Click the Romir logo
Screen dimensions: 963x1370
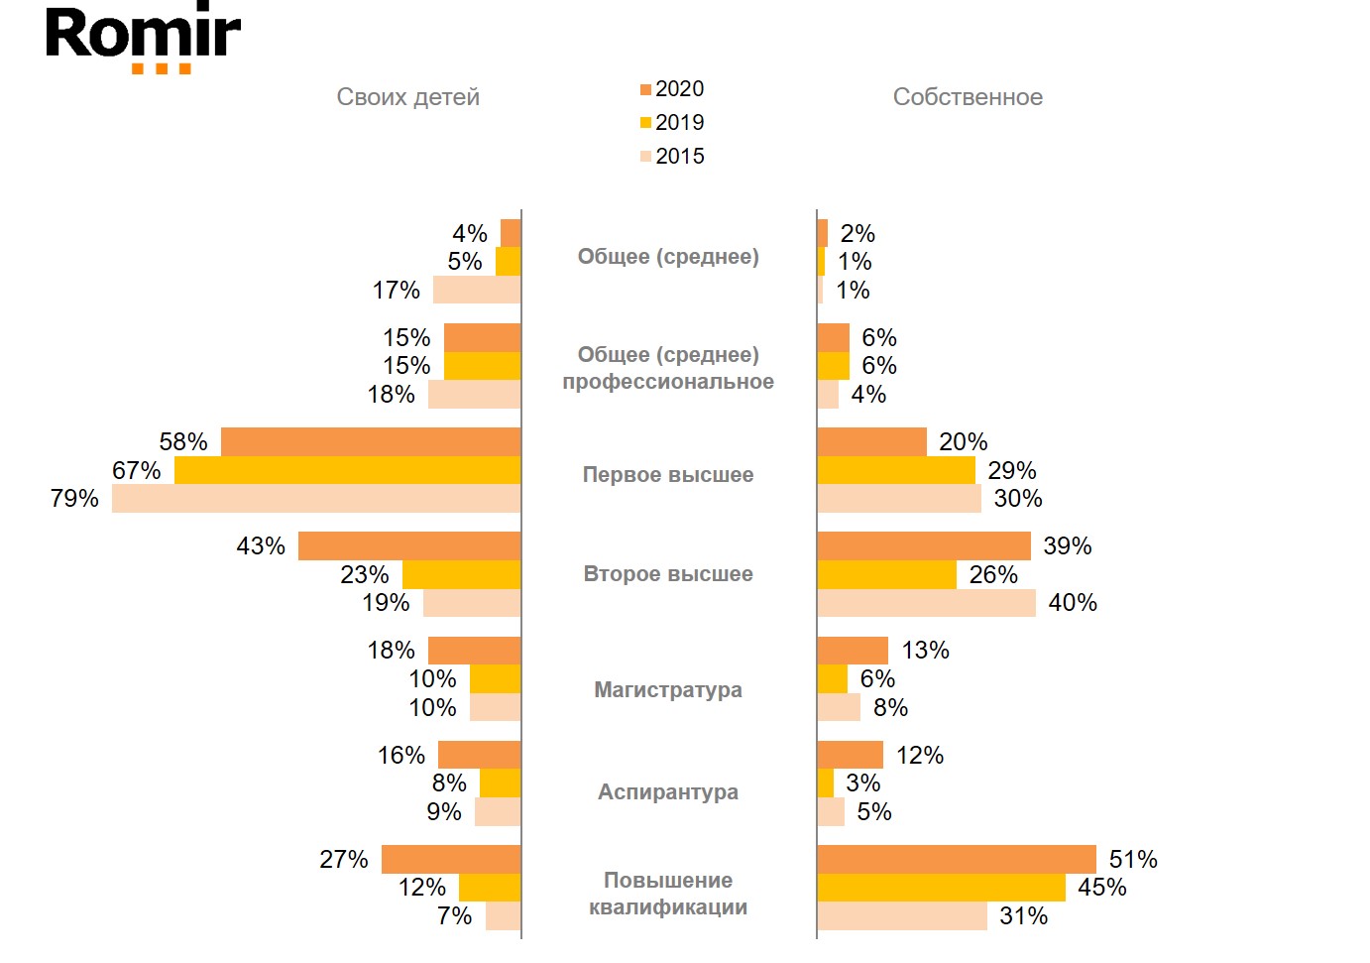(x=143, y=38)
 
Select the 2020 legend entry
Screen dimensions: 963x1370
(x=672, y=89)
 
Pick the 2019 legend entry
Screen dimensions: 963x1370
(x=672, y=123)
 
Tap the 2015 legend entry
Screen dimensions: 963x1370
(x=672, y=157)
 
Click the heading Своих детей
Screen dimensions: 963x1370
(x=407, y=97)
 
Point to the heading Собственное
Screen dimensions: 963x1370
(x=968, y=97)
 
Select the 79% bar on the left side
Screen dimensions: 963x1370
(x=316, y=499)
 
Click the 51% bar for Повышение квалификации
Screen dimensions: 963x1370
(x=957, y=859)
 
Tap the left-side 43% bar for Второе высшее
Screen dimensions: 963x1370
(x=409, y=546)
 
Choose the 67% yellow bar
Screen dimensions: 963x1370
(x=347, y=470)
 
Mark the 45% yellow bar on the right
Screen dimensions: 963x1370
(x=941, y=888)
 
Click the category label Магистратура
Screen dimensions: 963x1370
(x=668, y=690)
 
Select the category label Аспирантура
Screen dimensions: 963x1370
(x=668, y=792)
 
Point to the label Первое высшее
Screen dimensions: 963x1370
(x=668, y=475)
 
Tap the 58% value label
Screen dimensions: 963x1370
(x=183, y=442)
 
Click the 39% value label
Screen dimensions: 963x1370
(x=1068, y=546)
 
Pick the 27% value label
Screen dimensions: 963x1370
(x=344, y=860)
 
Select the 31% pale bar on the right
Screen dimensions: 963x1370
(x=902, y=916)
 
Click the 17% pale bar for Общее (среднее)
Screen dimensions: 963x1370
(x=477, y=291)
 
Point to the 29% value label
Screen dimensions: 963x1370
(x=1012, y=471)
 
